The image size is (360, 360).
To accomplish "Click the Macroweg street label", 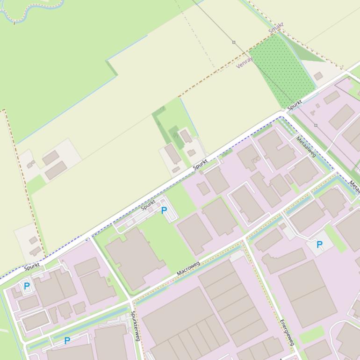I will pyautogui.click(x=188, y=268).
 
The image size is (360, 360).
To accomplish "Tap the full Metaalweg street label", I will pyautogui.click(x=306, y=147).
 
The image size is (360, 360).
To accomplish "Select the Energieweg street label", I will pyautogui.click(x=286, y=332).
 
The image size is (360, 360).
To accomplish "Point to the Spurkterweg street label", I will pyautogui.click(x=135, y=326).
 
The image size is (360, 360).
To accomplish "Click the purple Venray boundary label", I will pyautogui.click(x=245, y=63).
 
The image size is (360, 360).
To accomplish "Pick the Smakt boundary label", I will pyautogui.click(x=276, y=29).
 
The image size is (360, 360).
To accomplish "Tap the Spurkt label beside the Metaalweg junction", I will pyautogui.click(x=295, y=105).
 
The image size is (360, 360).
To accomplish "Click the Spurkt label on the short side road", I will pyautogui.click(x=148, y=204).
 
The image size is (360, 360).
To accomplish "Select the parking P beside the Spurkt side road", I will pyautogui.click(x=164, y=211).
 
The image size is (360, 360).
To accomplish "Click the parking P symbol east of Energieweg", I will pyautogui.click(x=320, y=245).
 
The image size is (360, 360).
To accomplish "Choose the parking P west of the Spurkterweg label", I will pyautogui.click(x=67, y=341).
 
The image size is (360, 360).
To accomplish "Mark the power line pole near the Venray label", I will pyautogui.click(x=234, y=42).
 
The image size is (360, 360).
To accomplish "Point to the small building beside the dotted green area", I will pyautogui.click(x=318, y=76).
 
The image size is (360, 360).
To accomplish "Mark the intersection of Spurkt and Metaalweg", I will pyautogui.click(x=283, y=114).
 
